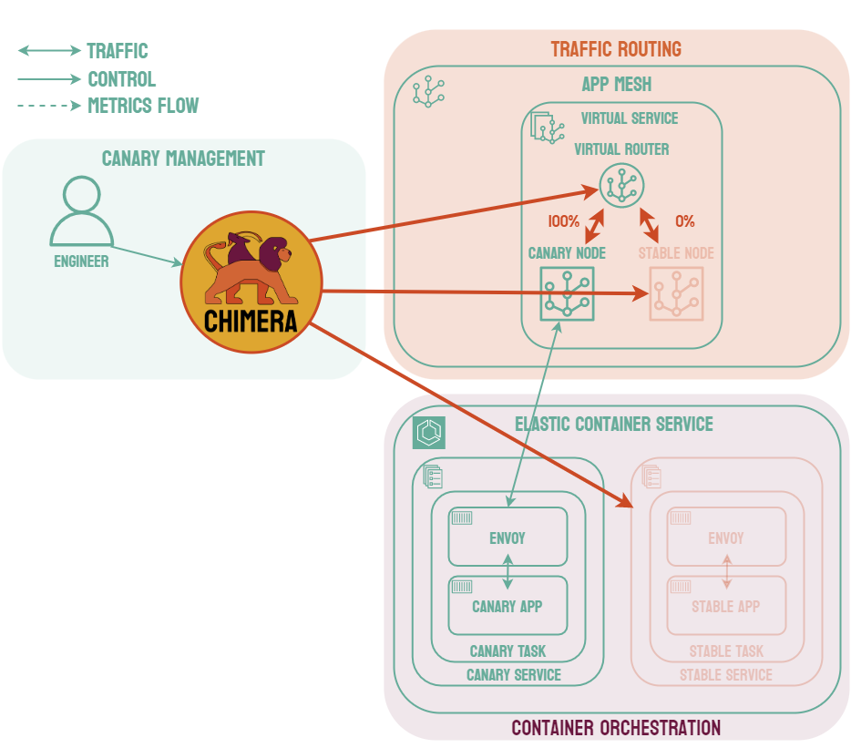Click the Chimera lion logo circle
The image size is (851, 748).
point(251,281)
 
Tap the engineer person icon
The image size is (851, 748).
point(82,212)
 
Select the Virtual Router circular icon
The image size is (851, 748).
point(621,185)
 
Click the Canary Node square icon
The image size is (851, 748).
point(567,293)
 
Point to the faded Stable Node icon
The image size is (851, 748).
point(675,293)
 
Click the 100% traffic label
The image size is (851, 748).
point(563,221)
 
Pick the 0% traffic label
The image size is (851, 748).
point(684,221)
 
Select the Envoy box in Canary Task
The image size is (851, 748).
point(508,537)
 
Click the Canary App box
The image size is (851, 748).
point(508,606)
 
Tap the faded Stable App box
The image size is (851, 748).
point(726,606)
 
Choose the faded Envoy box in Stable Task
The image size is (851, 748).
point(726,537)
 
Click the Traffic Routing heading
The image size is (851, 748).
point(616,49)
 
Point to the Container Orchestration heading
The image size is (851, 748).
point(616,728)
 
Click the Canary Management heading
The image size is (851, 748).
point(183,159)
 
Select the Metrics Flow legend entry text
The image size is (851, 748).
point(143,106)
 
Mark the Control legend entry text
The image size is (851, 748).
point(121,79)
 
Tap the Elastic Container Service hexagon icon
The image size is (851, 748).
point(429,433)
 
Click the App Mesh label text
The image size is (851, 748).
point(617,85)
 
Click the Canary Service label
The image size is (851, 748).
point(513,675)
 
